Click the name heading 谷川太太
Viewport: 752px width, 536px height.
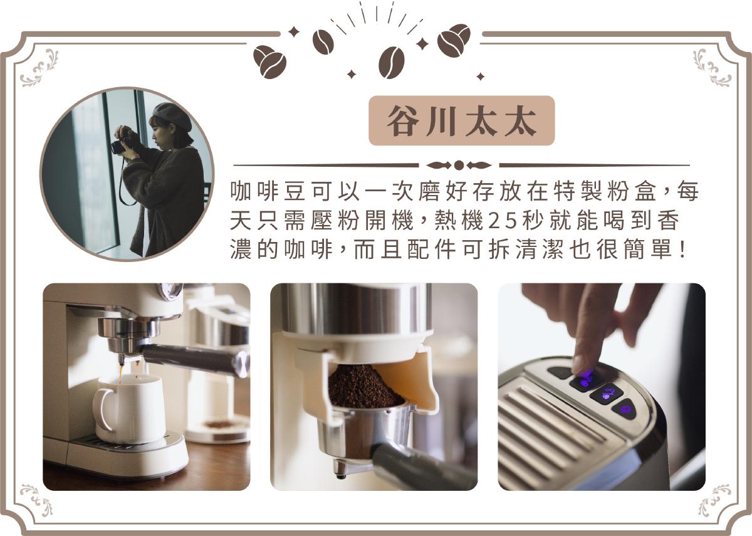(462, 120)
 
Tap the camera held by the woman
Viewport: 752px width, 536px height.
(121, 144)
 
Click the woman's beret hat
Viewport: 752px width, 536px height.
(172, 116)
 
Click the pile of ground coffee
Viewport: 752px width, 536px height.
(365, 387)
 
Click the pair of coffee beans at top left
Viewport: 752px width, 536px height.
(269, 62)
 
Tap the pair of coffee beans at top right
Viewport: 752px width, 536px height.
(454, 40)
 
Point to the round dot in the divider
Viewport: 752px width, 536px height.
(459, 166)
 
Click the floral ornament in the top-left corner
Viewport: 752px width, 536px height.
(39, 68)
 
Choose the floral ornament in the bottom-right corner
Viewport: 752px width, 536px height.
(714, 500)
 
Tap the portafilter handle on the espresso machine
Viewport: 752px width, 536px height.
(196, 359)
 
